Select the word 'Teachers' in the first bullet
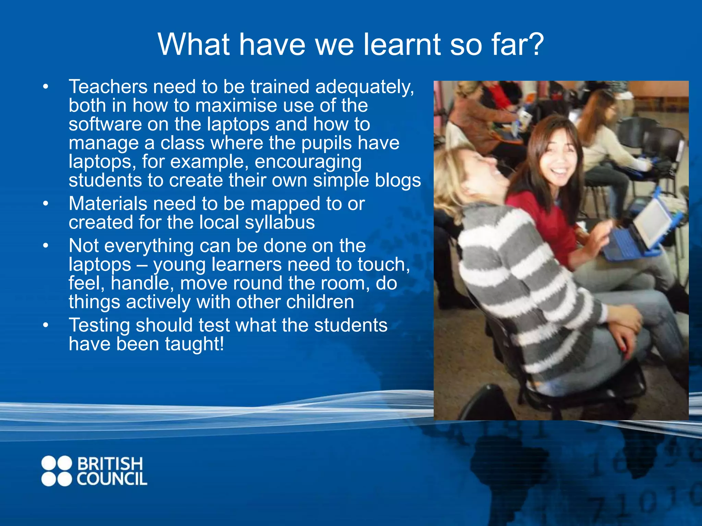[108, 87]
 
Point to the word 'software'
[105, 124]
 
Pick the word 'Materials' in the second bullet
[108, 204]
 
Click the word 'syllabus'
[280, 223]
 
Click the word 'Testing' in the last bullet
[99, 325]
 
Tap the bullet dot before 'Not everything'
[46, 246]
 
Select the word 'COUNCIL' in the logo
[112, 479]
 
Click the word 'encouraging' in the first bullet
[308, 162]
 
